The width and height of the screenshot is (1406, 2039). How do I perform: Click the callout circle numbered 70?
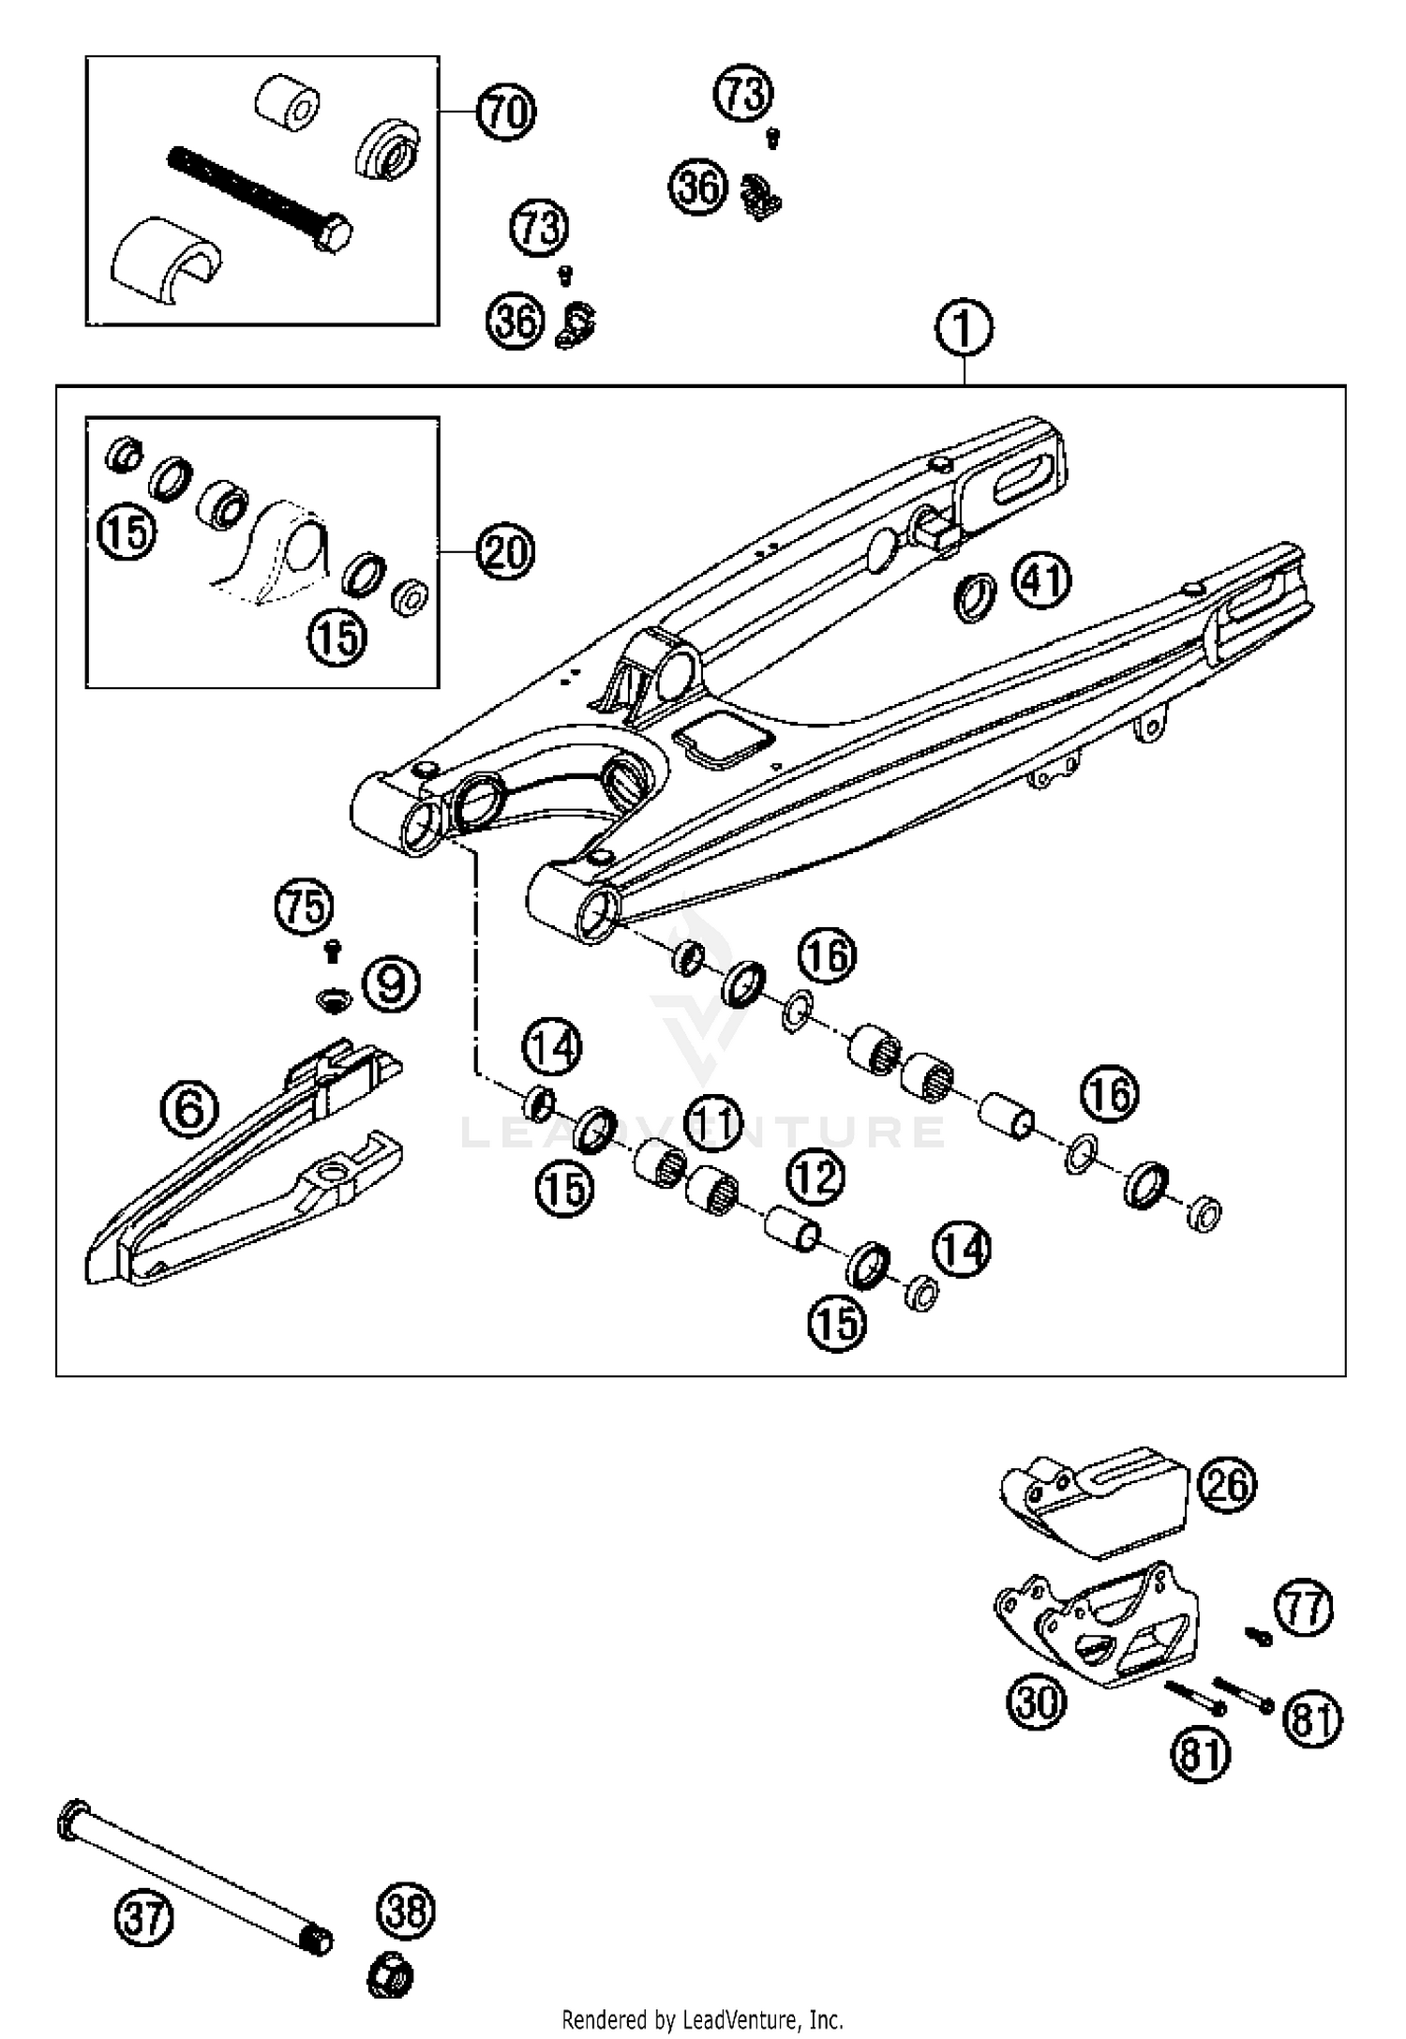click(x=506, y=112)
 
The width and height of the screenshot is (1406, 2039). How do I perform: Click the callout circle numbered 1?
click(x=964, y=329)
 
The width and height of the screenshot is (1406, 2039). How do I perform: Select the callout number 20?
click(x=505, y=552)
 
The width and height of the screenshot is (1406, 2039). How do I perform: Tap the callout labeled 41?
click(x=1041, y=580)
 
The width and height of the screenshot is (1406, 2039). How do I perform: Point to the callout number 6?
click(x=188, y=1109)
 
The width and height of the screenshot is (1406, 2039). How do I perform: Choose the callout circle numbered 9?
click(x=391, y=983)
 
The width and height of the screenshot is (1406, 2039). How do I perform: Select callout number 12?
click(x=815, y=1177)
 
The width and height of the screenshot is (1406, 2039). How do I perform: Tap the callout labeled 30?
click(x=1037, y=1699)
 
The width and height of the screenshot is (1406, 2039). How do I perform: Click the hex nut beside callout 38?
click(x=389, y=1977)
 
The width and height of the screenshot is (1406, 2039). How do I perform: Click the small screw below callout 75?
click(x=331, y=952)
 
